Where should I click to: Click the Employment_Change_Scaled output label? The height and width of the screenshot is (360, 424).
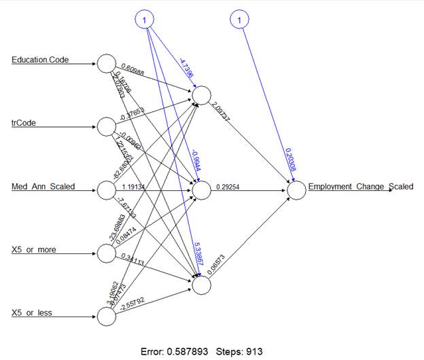tap(360, 186)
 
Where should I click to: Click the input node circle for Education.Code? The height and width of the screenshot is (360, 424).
tap(105, 63)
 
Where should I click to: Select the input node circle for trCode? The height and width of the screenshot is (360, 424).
tap(105, 126)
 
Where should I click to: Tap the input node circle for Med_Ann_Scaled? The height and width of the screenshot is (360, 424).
tap(105, 190)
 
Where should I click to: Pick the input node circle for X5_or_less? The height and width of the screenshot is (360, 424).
tap(105, 317)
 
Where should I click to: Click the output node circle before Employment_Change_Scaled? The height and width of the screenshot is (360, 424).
tap(296, 190)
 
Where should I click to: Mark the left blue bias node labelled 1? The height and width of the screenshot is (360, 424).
tap(145, 20)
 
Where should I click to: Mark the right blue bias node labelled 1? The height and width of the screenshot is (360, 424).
tap(239, 20)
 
